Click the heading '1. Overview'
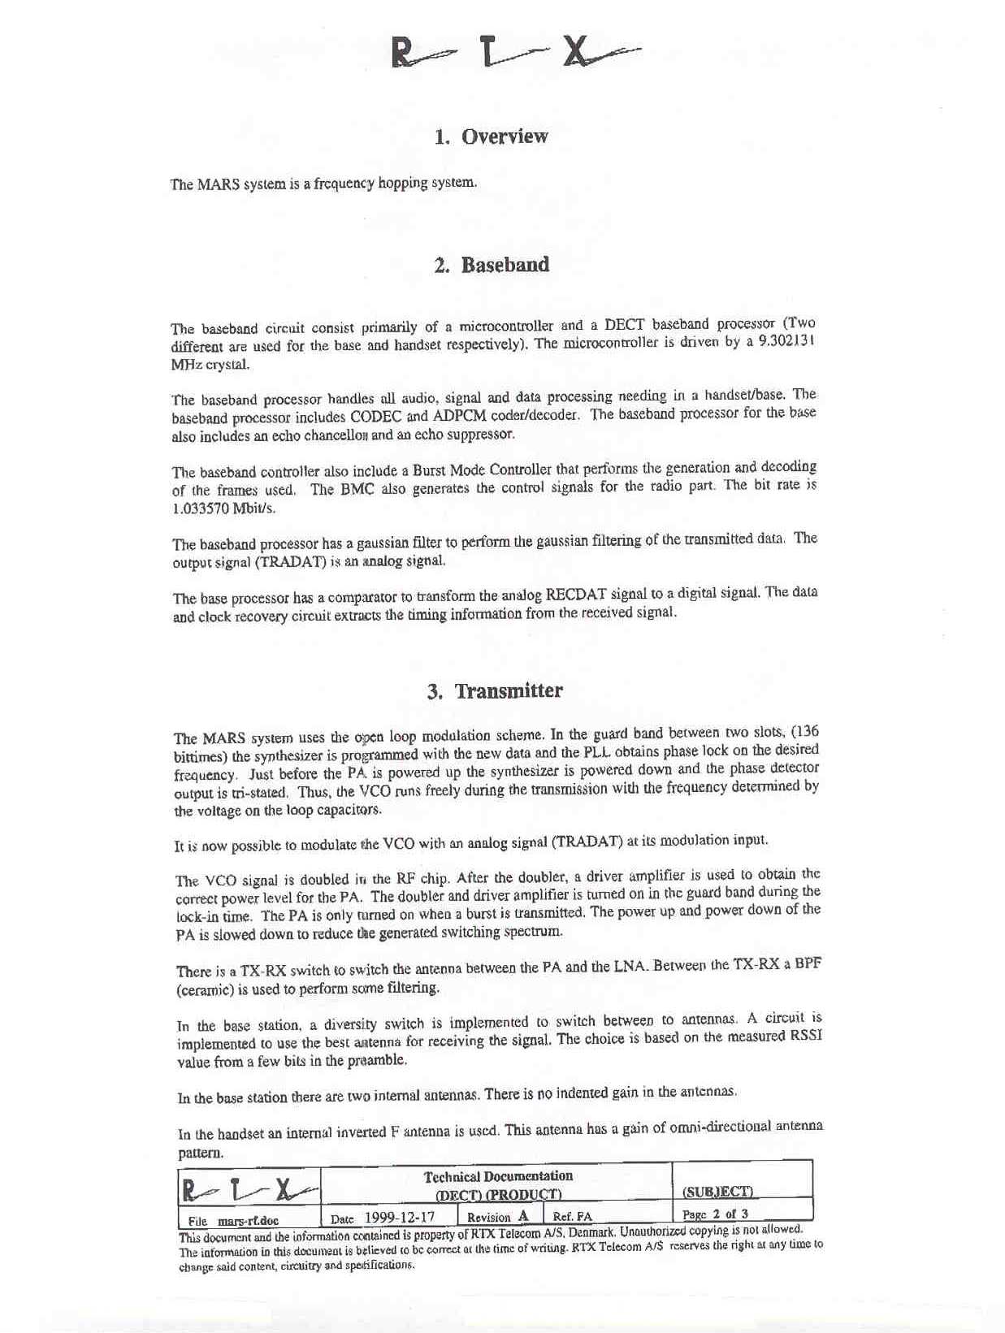click(492, 136)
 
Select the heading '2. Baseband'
click(492, 265)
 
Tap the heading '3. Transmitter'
click(495, 691)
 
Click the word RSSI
click(804, 1037)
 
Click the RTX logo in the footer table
click(249, 1189)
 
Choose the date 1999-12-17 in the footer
click(399, 1218)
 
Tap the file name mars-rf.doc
click(248, 1220)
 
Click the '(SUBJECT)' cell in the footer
click(718, 1192)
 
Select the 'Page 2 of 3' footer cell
click(715, 1214)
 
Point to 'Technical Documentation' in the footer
click(498, 1176)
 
